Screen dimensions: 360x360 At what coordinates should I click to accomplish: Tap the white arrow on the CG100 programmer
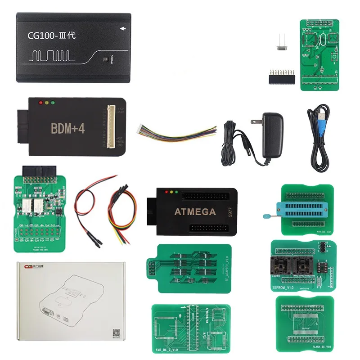click(x=123, y=30)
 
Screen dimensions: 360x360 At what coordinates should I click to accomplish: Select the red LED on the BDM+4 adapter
click(x=40, y=103)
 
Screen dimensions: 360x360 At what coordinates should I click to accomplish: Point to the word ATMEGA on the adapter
click(x=195, y=211)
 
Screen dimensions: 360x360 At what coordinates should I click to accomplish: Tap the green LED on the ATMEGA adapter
click(x=177, y=192)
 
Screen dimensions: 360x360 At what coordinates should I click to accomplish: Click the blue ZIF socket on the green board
click(x=302, y=211)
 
